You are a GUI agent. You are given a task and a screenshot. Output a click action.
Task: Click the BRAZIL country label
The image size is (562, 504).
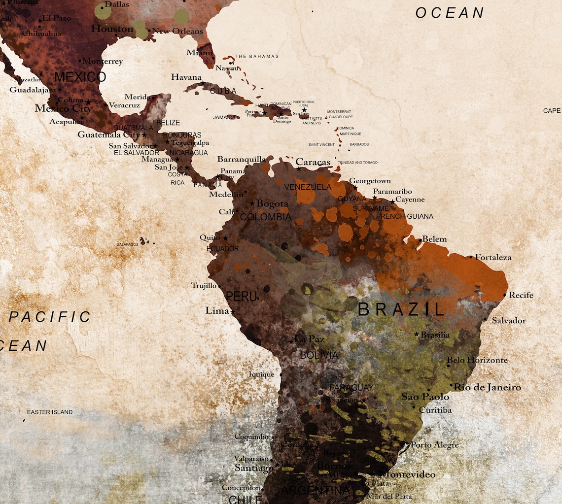click(x=401, y=309)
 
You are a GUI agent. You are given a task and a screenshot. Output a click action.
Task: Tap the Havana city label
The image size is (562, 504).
click(x=186, y=77)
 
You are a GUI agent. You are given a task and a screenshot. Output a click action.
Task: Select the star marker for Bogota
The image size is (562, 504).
click(x=252, y=203)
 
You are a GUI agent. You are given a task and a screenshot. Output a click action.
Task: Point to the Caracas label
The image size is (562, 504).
click(x=313, y=162)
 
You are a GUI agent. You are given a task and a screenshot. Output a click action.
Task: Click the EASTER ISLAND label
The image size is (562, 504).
click(x=49, y=412)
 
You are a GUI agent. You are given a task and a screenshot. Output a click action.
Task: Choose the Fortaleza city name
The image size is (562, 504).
click(x=493, y=257)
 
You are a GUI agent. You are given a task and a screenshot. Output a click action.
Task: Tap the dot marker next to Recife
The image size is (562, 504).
click(x=504, y=295)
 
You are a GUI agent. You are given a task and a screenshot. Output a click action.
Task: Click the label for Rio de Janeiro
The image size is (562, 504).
click(x=487, y=387)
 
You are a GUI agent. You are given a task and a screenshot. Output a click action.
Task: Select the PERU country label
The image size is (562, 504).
click(x=241, y=297)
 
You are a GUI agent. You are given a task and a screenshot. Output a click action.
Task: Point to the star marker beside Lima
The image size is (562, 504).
click(x=233, y=312)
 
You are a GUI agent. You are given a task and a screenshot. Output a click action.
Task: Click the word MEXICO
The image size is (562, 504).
click(x=80, y=77)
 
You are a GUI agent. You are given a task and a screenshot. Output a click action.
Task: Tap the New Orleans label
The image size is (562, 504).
click(x=177, y=31)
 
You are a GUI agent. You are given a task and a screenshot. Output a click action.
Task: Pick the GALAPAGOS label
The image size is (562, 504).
click(x=127, y=244)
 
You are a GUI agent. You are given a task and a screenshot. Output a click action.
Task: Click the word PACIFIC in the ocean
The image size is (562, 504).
click(x=50, y=317)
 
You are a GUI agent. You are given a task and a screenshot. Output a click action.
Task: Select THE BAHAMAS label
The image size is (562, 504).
click(x=256, y=56)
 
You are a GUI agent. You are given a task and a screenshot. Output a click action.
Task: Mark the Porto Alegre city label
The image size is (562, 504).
click(x=434, y=445)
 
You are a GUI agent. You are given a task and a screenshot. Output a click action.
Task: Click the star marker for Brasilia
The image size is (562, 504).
click(x=417, y=334)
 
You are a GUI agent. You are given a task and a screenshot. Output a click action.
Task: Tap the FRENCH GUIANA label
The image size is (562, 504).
click(x=405, y=216)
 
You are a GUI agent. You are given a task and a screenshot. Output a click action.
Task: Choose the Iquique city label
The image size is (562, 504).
click(x=261, y=374)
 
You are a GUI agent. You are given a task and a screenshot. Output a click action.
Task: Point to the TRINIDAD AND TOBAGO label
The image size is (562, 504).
click(x=358, y=163)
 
